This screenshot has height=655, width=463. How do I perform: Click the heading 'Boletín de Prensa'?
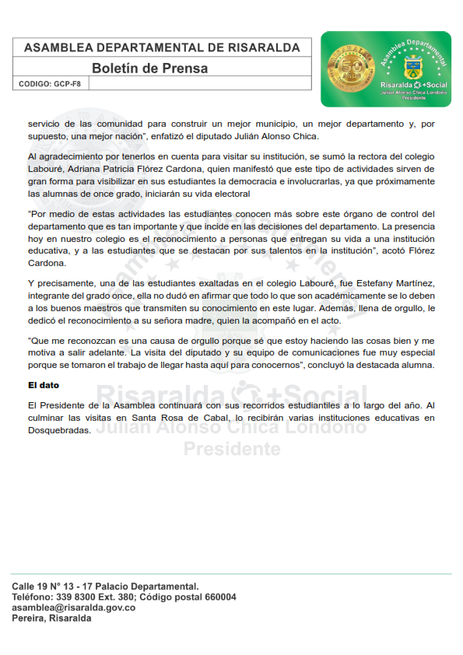click(149, 68)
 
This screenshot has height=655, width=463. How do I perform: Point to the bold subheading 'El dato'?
click(44, 385)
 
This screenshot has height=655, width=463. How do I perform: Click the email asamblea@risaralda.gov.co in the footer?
click(74, 608)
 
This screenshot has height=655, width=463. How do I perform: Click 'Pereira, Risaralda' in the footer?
click(51, 618)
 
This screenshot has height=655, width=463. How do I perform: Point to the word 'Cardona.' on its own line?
click(47, 263)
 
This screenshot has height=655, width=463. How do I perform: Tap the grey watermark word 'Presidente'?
click(231, 449)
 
